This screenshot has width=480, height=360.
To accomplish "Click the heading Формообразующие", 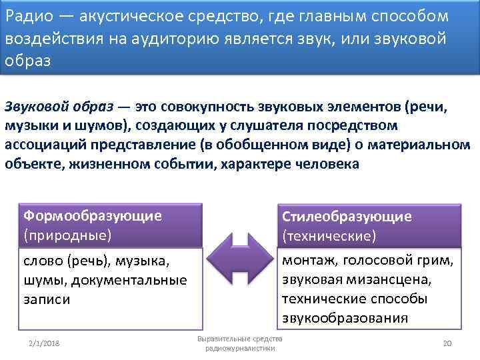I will [92, 215].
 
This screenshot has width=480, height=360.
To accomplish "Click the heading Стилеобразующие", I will [347, 217].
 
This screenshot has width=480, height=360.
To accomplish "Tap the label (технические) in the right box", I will [329, 236].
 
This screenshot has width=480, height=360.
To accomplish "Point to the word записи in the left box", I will [47, 299].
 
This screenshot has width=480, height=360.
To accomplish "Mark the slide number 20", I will [447, 343].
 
